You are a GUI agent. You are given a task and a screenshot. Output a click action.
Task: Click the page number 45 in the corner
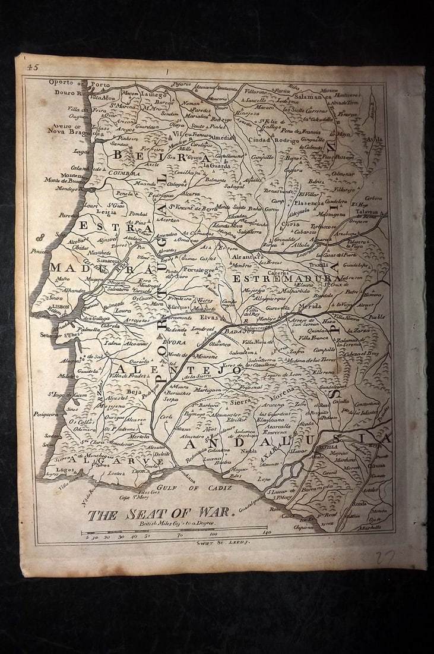click(x=32, y=68)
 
